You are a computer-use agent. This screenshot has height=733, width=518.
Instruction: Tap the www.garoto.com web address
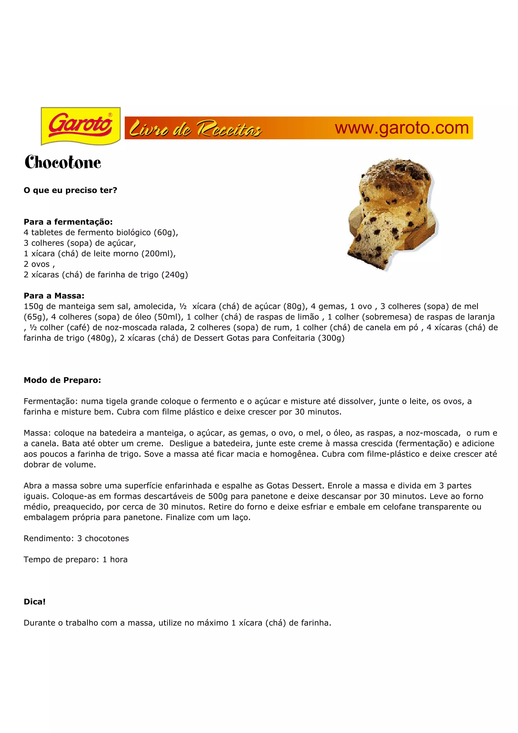pos(401,128)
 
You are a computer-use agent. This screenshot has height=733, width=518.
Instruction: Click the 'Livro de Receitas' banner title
pos(196,129)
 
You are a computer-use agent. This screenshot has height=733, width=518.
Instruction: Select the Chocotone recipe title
pos(63,162)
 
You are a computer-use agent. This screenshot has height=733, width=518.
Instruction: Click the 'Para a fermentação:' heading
pos(68,222)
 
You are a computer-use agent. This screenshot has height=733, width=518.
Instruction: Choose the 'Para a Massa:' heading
pos(54,296)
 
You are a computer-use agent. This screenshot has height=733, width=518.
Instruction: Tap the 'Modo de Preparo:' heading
pos(62,380)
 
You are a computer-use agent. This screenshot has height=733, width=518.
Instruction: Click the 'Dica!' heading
pos(34,602)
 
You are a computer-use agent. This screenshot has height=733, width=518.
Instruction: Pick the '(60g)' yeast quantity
pos(166,232)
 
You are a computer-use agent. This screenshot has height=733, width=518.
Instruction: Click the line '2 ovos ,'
pos(39,264)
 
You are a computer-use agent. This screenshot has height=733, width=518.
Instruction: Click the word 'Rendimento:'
pos(49,538)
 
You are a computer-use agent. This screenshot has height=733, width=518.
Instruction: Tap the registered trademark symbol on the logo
pos(110,115)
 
